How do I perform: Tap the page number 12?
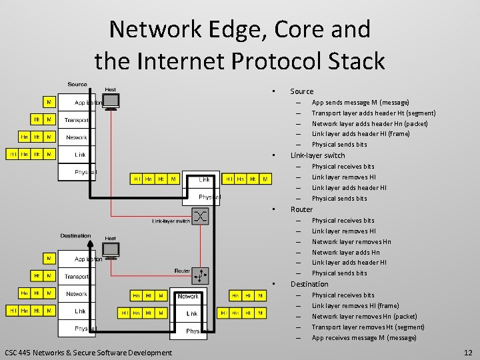(468, 352)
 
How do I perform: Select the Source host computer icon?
(111, 101)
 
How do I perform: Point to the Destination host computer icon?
(111, 250)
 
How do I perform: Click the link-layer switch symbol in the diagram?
(201, 215)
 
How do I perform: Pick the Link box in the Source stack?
(79, 155)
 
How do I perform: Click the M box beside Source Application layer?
(49, 103)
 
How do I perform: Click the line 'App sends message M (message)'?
(360, 103)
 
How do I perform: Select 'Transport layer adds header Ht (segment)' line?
(373, 113)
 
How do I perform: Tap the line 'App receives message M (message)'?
(364, 338)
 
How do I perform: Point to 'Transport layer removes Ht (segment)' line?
(368, 327)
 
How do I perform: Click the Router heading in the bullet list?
(301, 209)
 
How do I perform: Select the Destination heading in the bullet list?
(309, 284)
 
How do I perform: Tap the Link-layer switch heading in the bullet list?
(317, 155)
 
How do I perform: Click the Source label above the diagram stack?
(77, 85)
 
